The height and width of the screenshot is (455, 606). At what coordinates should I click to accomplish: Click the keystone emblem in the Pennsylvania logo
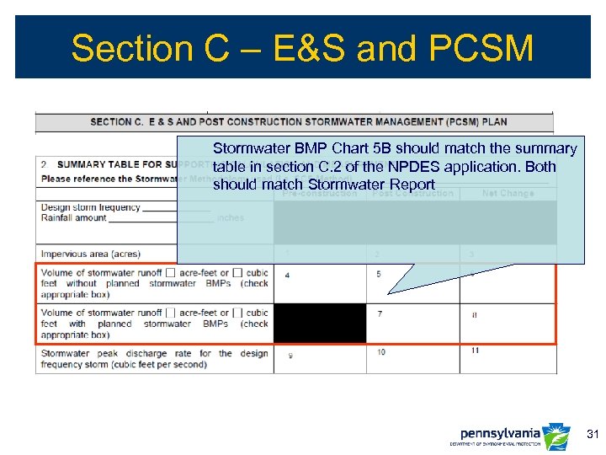coord(556,436)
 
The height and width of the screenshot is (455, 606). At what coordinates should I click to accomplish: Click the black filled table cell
coord(320,324)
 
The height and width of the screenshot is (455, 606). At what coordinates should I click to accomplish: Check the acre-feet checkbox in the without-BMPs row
coord(171,273)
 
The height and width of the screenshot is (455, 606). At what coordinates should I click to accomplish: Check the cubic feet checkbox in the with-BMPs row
coord(238,313)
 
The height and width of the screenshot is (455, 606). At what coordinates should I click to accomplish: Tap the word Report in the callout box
coord(412,185)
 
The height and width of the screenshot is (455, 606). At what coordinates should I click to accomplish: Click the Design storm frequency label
coord(90,206)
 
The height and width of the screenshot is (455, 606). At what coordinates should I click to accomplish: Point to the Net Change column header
coord(508,193)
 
